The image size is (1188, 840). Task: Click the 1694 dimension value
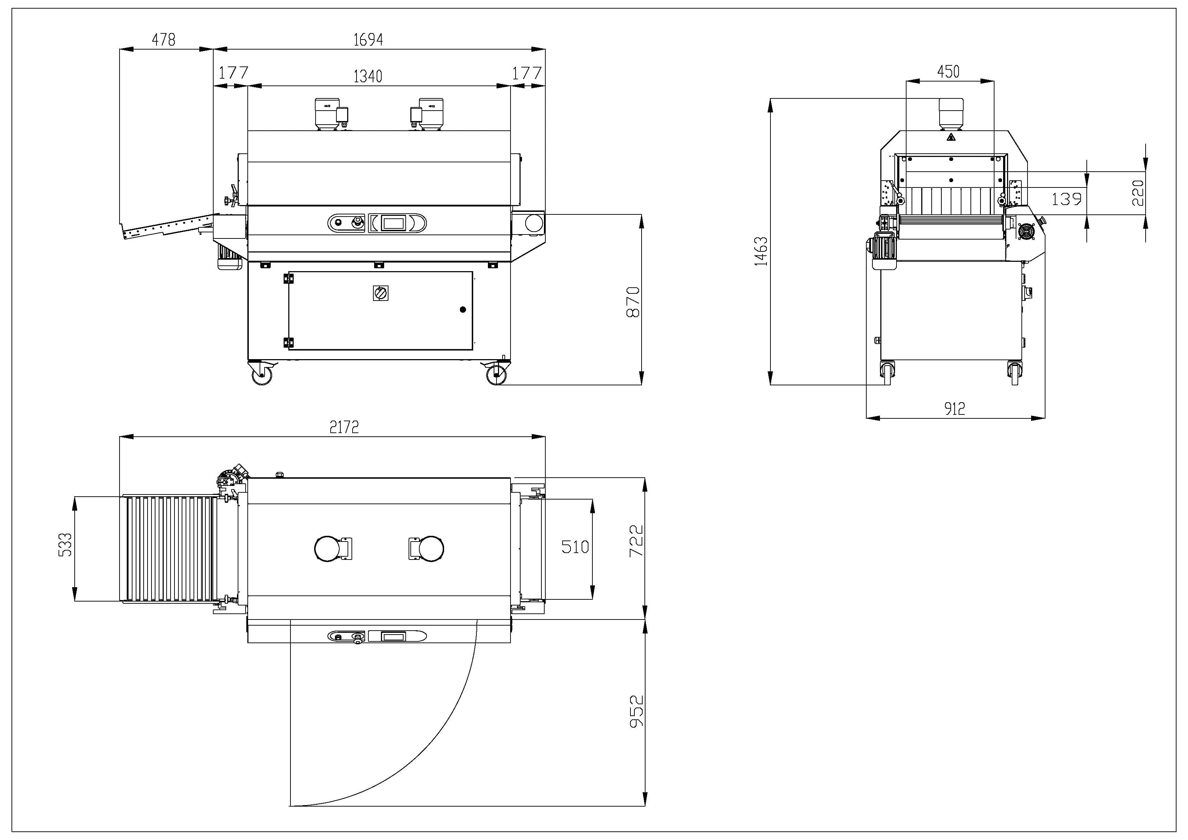click(x=368, y=40)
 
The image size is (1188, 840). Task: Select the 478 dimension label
click(x=163, y=40)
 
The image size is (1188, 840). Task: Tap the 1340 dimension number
click(x=368, y=76)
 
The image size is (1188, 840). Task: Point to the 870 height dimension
click(x=633, y=302)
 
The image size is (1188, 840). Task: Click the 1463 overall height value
click(x=761, y=251)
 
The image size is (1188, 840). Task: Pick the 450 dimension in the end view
click(x=949, y=72)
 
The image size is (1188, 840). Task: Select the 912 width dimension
click(x=955, y=409)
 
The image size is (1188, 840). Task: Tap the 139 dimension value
click(x=1066, y=199)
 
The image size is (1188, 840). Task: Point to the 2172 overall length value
click(x=344, y=427)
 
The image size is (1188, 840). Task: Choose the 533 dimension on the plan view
click(x=65, y=545)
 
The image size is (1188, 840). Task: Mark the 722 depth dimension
click(x=636, y=541)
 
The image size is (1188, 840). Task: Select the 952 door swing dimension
click(x=637, y=712)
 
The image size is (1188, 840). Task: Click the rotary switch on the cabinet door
click(x=381, y=293)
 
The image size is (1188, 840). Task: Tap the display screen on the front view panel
click(x=393, y=223)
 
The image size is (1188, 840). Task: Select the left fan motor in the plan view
click(x=327, y=549)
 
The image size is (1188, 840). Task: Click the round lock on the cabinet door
click(x=463, y=310)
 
